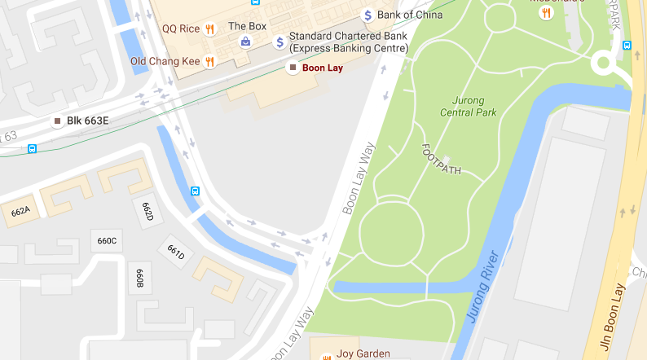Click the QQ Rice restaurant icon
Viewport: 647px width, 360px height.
coord(209,29)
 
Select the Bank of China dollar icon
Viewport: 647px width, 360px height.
coord(368,15)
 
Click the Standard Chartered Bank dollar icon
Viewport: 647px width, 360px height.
coord(279,42)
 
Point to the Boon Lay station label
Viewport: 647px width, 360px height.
coord(322,68)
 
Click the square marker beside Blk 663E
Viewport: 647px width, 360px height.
coord(57,121)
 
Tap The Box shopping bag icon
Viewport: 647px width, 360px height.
coord(244,41)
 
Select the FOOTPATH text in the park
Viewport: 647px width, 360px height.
coord(441,160)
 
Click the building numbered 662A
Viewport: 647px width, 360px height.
coord(20,212)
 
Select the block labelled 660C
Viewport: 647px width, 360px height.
coord(107,240)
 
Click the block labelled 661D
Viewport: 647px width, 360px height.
coord(176,253)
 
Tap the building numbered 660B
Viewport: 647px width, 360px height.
coord(139,277)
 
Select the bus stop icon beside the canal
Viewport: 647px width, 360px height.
coord(196,191)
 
